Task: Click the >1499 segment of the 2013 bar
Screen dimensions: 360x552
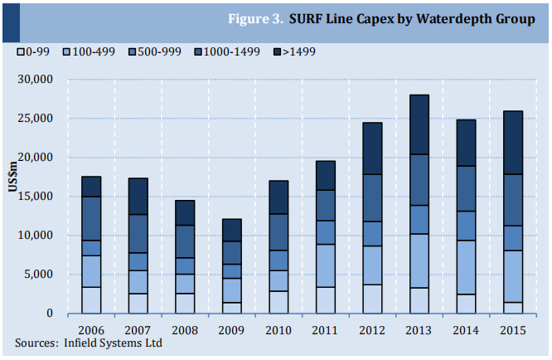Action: [419, 124]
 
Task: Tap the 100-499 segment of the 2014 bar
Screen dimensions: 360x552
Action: [466, 267]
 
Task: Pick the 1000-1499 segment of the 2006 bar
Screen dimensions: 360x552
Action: [91, 218]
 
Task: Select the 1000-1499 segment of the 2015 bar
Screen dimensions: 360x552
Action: [513, 200]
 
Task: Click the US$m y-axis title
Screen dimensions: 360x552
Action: [12, 181]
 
